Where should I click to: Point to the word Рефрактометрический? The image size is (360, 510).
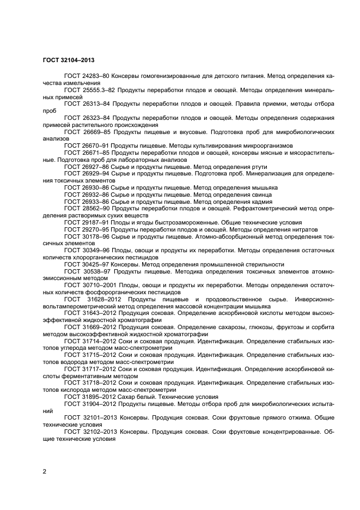pos(264,209)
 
